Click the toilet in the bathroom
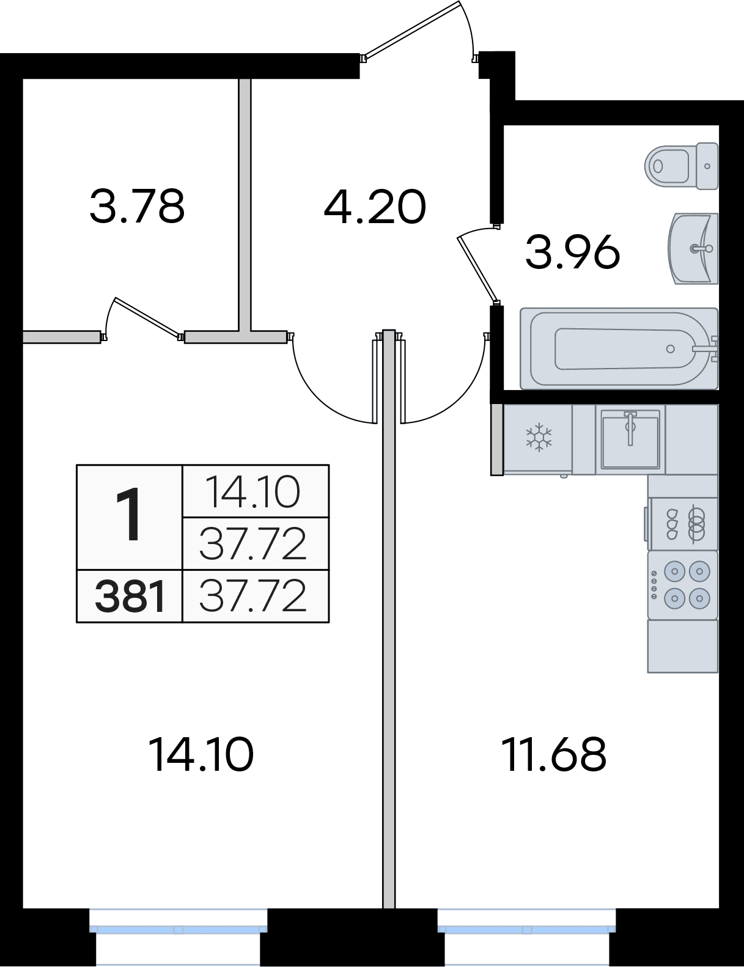[x=681, y=166]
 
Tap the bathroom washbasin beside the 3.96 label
[x=693, y=249]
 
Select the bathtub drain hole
[x=670, y=349]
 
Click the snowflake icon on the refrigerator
[x=539, y=438]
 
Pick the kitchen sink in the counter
[x=630, y=439]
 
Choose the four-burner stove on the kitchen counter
[x=683, y=585]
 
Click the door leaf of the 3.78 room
[x=147, y=317]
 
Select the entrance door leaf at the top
[x=411, y=30]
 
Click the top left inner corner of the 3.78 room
[x=23, y=79]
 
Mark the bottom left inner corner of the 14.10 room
[x=23, y=908]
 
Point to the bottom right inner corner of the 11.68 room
[x=719, y=908]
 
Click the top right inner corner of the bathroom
[x=719, y=126]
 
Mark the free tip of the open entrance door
[x=459, y=2]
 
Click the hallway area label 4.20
[x=375, y=207]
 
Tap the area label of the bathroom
[x=572, y=252]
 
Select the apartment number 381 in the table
[x=130, y=597]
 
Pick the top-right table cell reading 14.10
[x=256, y=491]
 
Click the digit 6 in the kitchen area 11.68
[x=567, y=755]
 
